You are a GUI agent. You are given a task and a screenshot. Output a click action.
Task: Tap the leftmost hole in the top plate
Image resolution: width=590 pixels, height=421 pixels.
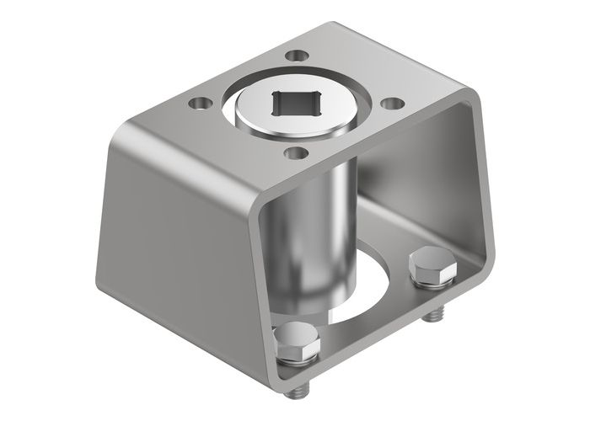(200, 105)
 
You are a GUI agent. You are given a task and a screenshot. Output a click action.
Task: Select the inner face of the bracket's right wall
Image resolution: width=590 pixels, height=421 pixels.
(468, 194)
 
